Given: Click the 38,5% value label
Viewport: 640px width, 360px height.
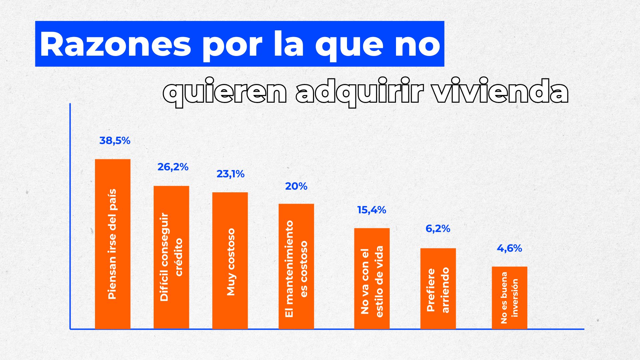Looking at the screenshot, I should (115, 141).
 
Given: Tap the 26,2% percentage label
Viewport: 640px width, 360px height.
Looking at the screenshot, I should (173, 167).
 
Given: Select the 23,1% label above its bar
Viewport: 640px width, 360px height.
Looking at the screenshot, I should (230, 174).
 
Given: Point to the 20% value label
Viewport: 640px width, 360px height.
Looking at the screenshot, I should (296, 186).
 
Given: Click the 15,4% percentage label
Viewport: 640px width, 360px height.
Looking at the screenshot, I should (371, 210).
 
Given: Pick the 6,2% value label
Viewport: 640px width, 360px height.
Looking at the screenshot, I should (438, 229).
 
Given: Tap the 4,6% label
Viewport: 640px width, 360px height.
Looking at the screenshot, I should (509, 248).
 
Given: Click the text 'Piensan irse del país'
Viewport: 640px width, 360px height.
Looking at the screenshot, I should (112, 244).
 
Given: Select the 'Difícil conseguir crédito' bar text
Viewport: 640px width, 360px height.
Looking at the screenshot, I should (171, 257).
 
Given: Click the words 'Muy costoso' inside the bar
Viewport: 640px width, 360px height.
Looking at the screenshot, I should (230, 262).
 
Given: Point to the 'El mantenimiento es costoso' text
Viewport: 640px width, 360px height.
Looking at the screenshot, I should (296, 269).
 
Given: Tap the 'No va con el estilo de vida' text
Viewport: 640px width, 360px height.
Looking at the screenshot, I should (372, 281).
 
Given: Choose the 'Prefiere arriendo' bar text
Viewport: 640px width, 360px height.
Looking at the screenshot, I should (438, 290).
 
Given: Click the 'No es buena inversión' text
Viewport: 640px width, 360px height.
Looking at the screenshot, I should (509, 298).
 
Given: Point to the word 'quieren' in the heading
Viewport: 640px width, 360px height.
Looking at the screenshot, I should (225, 92).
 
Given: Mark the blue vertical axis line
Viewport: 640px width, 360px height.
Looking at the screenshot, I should (70, 217).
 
